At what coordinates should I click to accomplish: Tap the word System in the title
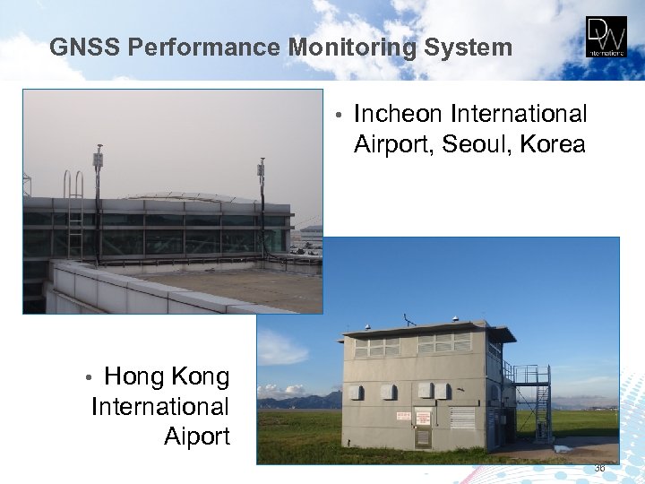click(x=469, y=47)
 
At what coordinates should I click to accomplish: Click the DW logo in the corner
click(x=606, y=37)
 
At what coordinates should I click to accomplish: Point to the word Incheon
click(x=399, y=115)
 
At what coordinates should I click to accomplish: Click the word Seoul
click(x=483, y=144)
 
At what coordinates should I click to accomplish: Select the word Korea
click(x=552, y=144)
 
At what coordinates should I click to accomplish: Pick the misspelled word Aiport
click(x=197, y=436)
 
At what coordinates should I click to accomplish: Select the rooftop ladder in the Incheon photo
click(x=73, y=215)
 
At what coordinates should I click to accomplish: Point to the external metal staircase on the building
click(x=534, y=403)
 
